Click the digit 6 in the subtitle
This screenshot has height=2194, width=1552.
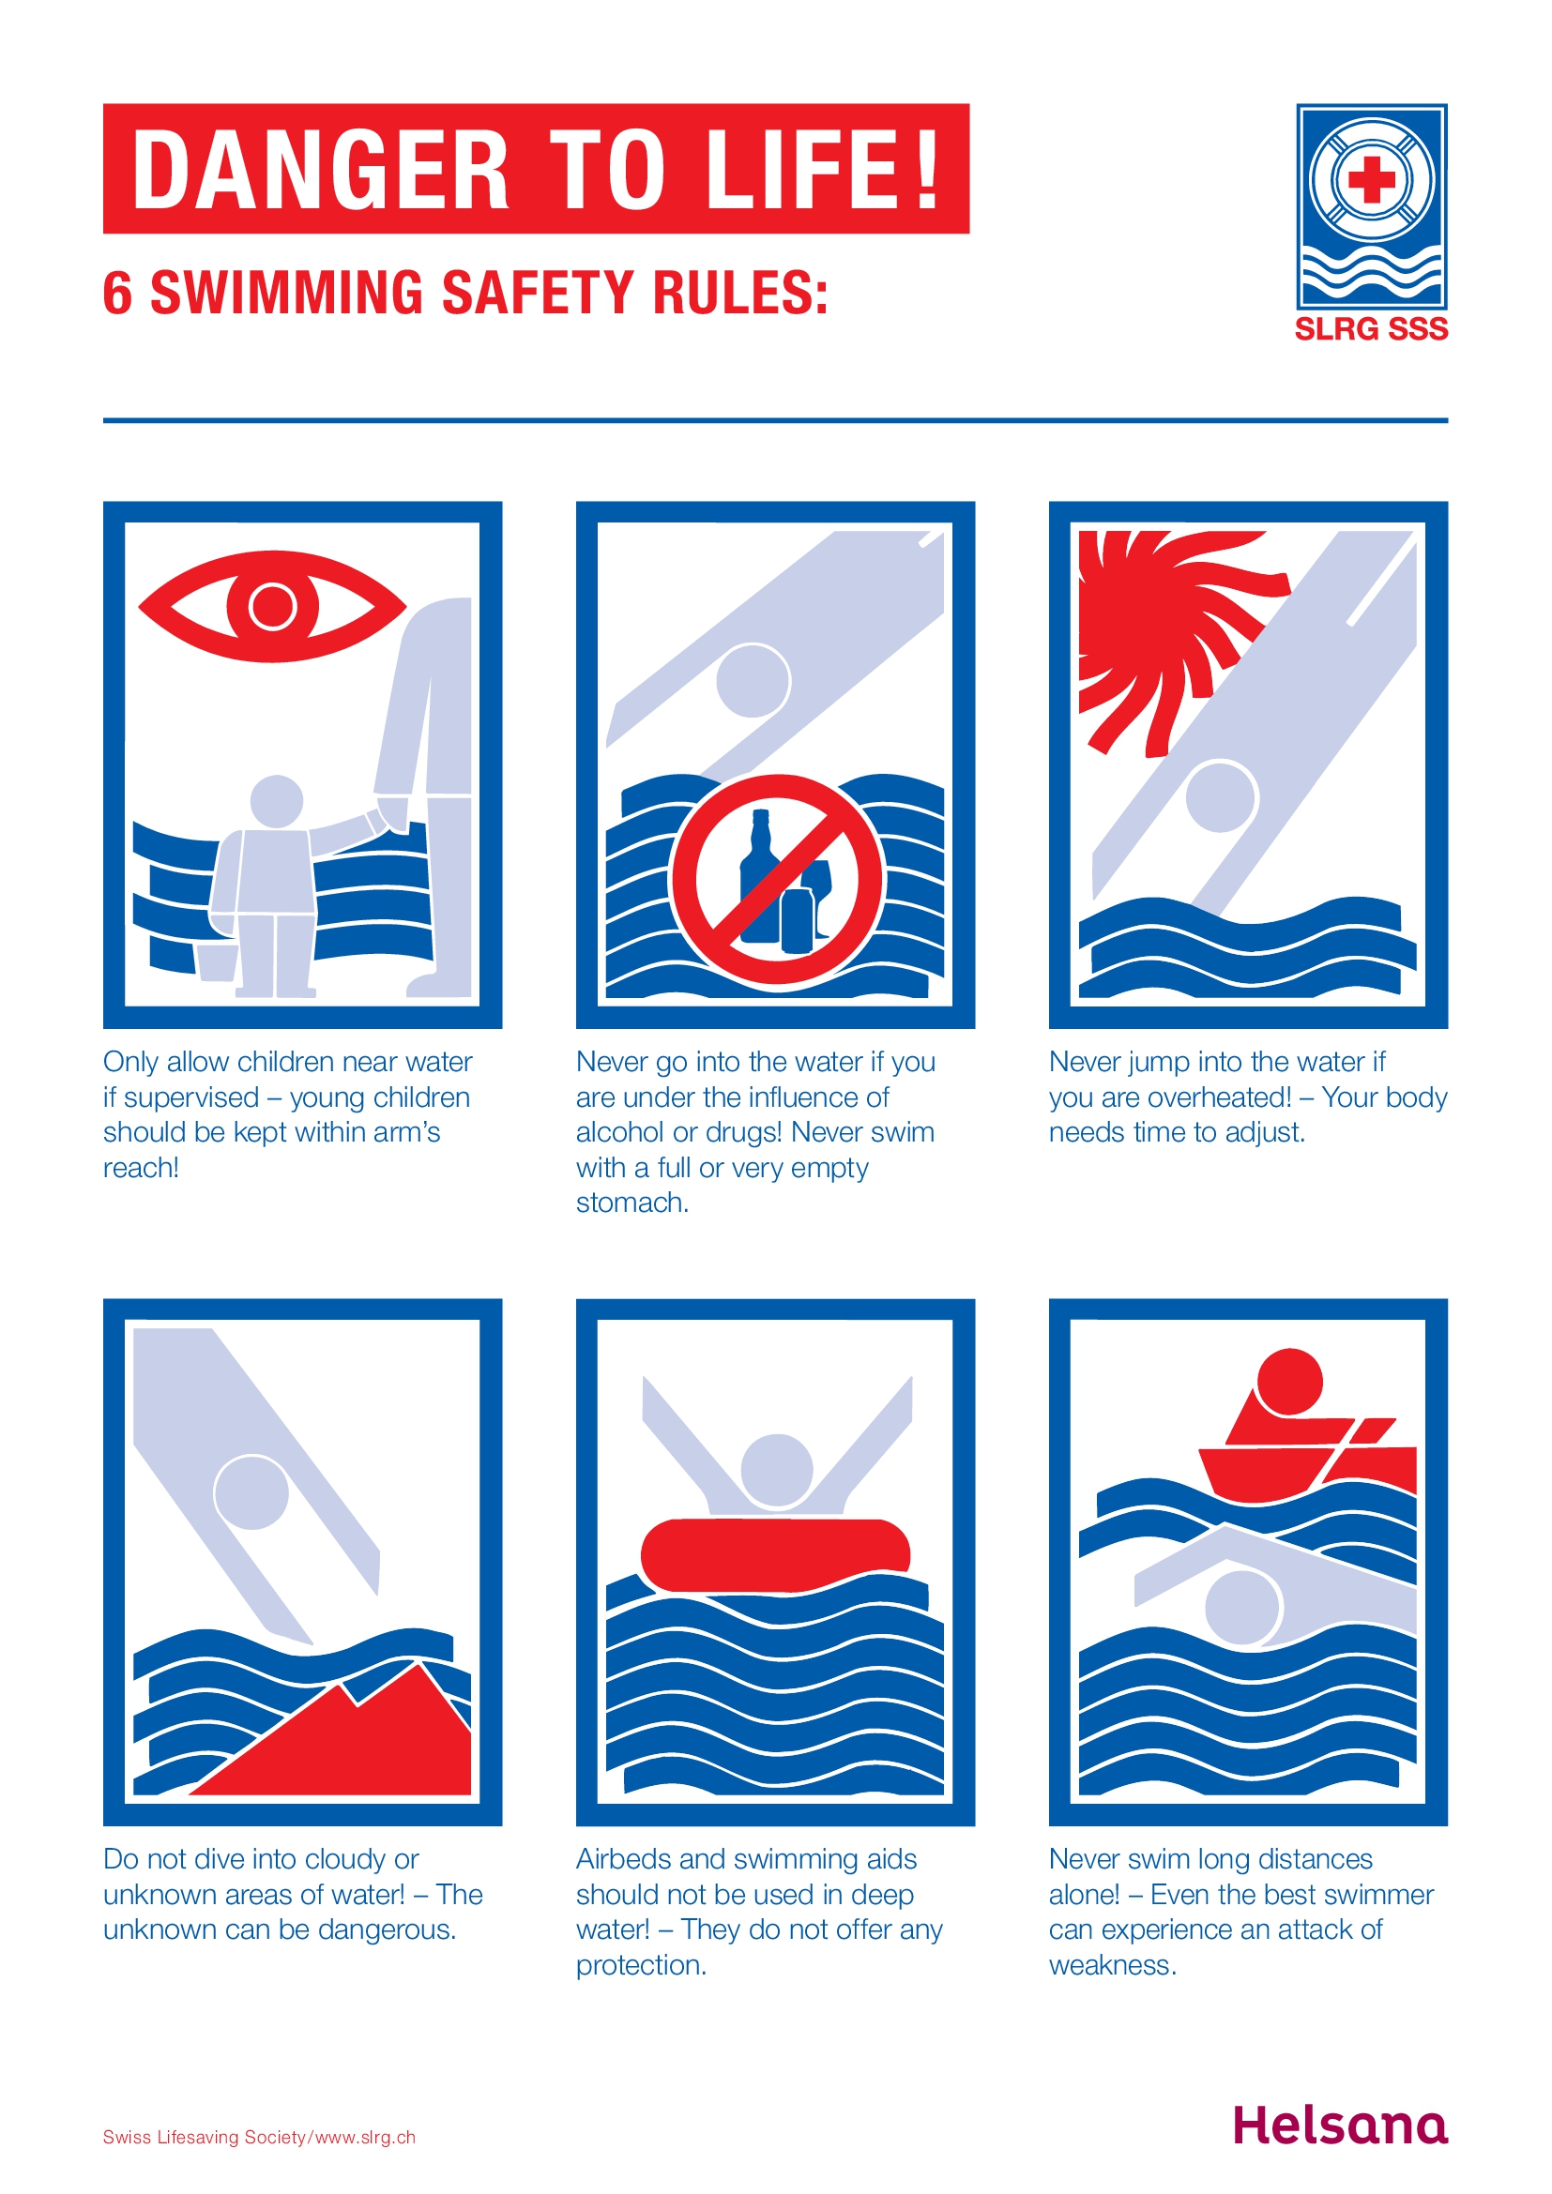(x=116, y=294)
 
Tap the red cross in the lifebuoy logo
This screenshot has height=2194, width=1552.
(x=1372, y=180)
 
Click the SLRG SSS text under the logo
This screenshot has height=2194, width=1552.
(x=1372, y=329)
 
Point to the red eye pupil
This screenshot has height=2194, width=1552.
(x=273, y=605)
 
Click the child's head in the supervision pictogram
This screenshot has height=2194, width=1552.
(x=276, y=801)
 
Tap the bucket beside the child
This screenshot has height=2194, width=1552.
(x=218, y=961)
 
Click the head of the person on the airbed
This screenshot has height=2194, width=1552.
(x=776, y=1470)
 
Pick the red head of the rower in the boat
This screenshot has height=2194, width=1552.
(x=1289, y=1382)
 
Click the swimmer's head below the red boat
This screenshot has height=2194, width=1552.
(x=1241, y=1609)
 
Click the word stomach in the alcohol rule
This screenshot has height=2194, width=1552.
(x=631, y=1203)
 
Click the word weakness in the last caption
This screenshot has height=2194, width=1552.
(x=1111, y=1966)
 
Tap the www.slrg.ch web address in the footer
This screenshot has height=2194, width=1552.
(x=365, y=2138)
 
